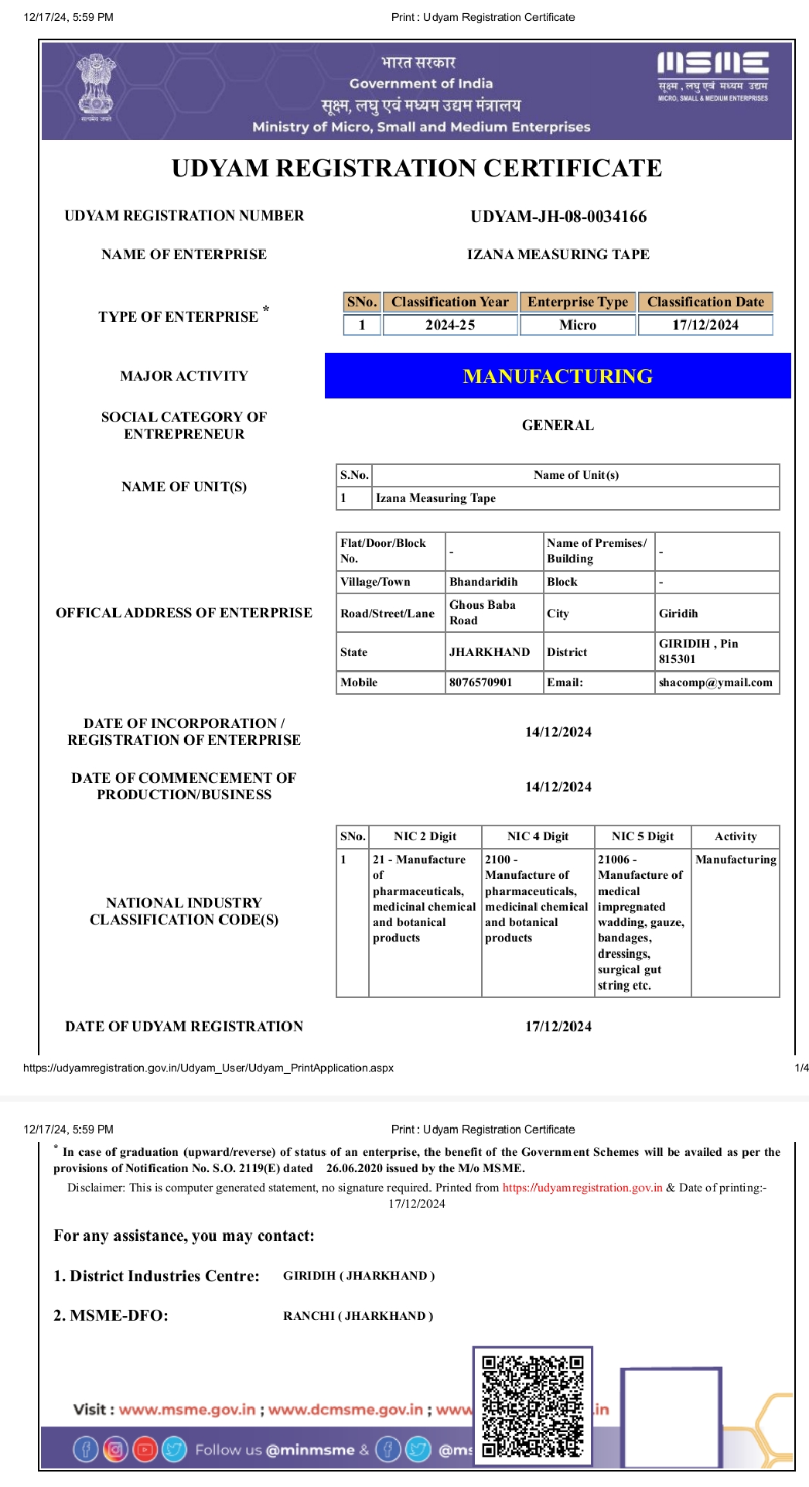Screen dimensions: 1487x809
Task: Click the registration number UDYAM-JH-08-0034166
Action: tap(558, 217)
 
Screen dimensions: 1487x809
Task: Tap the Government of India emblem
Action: tap(95, 87)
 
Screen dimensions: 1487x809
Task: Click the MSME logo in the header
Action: tap(712, 76)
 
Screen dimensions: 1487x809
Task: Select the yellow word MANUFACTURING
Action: tap(558, 376)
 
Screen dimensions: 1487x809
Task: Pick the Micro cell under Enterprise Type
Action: tap(578, 325)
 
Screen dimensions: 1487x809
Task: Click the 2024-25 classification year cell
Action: tap(450, 325)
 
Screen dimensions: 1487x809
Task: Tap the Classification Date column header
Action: tap(705, 302)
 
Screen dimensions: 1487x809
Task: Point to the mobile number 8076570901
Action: tap(480, 682)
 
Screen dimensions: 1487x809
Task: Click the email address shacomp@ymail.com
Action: tap(715, 682)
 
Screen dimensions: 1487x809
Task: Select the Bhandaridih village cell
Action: tap(483, 582)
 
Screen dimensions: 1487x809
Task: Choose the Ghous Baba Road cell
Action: tap(483, 613)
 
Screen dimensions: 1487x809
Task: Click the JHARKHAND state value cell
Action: tap(490, 652)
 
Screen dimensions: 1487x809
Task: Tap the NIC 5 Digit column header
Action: tap(642, 836)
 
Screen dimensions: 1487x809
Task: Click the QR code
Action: tap(533, 1406)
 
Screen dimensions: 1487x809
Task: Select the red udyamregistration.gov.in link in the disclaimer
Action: tap(582, 1188)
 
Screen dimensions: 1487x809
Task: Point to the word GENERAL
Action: tap(558, 426)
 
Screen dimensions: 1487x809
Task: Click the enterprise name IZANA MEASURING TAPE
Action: tap(558, 255)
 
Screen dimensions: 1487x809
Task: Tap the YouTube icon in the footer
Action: tap(145, 1448)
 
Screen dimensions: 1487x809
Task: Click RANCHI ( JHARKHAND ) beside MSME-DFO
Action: tap(358, 1316)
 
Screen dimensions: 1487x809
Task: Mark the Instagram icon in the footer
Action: tap(115, 1448)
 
